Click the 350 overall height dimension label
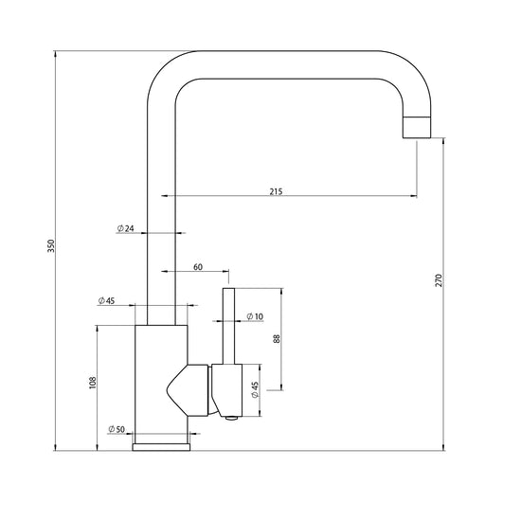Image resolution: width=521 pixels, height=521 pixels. click(50, 245)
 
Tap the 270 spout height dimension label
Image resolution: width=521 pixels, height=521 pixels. click(439, 280)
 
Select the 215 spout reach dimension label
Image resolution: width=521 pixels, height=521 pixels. click(276, 191)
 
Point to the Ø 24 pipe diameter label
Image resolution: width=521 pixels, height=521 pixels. click(126, 228)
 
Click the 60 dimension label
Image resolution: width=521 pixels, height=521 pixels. click(198, 267)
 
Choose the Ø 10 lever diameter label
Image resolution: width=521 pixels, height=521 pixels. click(255, 316)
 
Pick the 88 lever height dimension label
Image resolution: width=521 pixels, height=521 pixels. click(277, 338)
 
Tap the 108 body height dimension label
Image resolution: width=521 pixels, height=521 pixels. click(93, 383)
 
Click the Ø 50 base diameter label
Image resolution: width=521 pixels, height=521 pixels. click(117, 429)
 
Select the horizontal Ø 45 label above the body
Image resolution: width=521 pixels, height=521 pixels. click(106, 300)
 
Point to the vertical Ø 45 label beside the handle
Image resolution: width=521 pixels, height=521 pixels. click(255, 390)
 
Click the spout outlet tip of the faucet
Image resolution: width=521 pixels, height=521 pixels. click(417, 127)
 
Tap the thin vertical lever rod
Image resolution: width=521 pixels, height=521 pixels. click(228, 326)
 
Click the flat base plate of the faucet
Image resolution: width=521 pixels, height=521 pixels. click(161, 447)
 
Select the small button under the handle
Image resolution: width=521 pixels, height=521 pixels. click(231, 418)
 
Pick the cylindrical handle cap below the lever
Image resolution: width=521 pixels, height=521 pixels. click(226, 390)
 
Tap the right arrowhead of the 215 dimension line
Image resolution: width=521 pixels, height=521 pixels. click(414, 196)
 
